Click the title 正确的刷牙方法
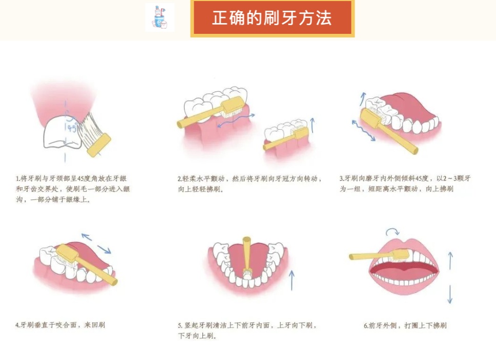tap(272, 18)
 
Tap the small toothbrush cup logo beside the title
tap(160, 17)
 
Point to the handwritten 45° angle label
tap(72, 128)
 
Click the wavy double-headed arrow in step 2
tap(236, 121)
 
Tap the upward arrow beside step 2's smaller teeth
tap(313, 125)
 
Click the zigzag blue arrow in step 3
tap(364, 130)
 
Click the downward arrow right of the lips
tap(450, 294)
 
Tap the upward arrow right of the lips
tap(450, 261)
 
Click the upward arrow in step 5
tap(292, 280)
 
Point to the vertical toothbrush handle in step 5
tap(247, 253)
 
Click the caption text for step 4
tap(60, 325)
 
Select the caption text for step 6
tap(405, 326)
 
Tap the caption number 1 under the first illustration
tap(17, 178)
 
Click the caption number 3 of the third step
tap(341, 178)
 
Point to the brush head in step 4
tap(67, 253)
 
